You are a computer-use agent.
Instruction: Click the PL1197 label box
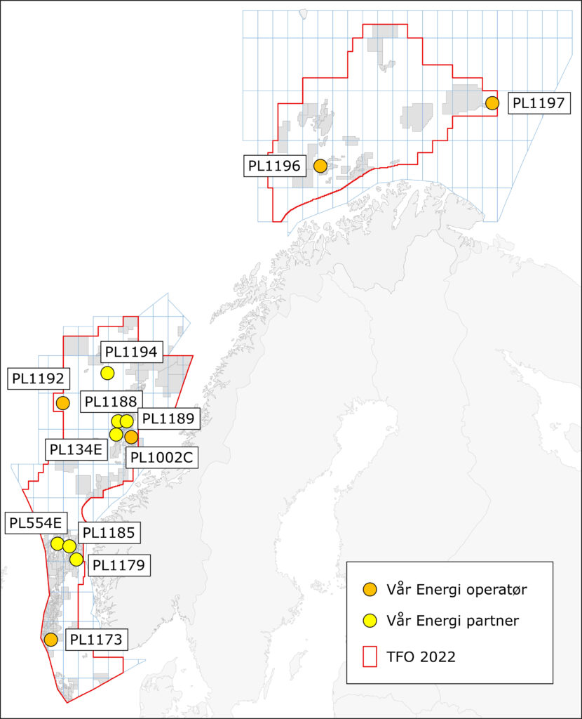point(536,103)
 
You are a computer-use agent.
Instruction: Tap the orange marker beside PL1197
point(492,103)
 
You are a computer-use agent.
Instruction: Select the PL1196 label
point(274,166)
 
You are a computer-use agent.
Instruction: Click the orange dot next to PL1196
point(320,166)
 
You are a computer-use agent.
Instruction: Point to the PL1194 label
point(132,352)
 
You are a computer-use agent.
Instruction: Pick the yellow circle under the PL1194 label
point(107,373)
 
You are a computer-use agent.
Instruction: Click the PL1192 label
point(38,378)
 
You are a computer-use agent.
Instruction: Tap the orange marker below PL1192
point(63,403)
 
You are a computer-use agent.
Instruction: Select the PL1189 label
point(168,418)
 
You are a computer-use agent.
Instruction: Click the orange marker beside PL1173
point(50,640)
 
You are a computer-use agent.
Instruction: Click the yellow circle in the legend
point(372,621)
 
